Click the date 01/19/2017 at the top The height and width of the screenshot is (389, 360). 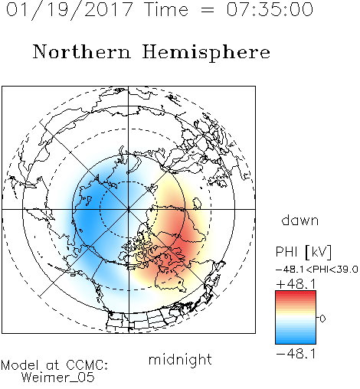point(70,10)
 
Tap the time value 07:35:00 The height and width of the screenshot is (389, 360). point(270,9)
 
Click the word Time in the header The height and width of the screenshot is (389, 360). point(166,9)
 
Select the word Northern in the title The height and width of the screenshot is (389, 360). point(82,51)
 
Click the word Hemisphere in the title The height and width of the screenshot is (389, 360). point(206,53)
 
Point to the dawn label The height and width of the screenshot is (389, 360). point(300,221)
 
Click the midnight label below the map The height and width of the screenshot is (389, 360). point(180,359)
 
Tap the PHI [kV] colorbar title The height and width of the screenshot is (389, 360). point(303,252)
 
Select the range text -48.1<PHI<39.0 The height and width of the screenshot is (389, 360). point(317,270)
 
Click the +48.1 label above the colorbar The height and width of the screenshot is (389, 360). point(296,284)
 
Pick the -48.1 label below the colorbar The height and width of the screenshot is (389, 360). point(296,354)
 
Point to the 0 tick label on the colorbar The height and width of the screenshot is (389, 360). point(322,319)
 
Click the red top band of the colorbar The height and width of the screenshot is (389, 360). point(296,294)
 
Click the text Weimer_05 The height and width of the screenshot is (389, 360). point(58,378)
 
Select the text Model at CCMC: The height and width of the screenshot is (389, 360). point(54,365)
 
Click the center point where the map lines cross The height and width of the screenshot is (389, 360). point(129,210)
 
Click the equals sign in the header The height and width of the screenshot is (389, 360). point(208,10)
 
